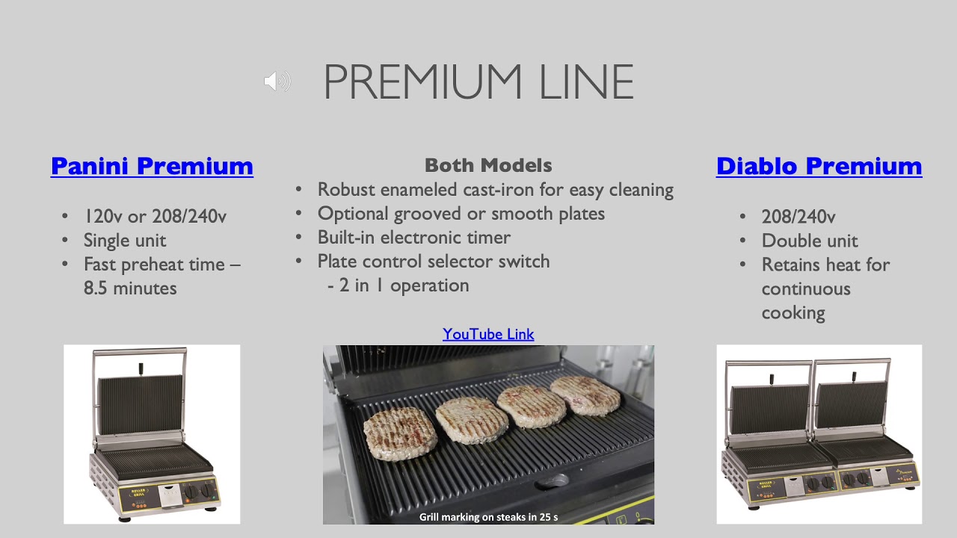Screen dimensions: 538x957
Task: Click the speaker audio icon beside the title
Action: [277, 81]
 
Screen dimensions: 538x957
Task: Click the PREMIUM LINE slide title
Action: [478, 81]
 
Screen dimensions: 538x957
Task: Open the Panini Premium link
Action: [152, 166]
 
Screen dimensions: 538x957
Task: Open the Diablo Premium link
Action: [819, 166]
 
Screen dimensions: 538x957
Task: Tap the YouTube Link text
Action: [488, 334]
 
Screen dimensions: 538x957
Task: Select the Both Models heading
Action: [488, 165]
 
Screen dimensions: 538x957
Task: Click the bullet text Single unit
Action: [125, 241]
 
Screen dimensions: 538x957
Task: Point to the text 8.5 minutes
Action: [130, 288]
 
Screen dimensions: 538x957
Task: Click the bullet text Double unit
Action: [810, 241]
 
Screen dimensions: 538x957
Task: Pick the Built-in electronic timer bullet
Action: [413, 238]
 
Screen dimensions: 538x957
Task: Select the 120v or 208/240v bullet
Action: [155, 217]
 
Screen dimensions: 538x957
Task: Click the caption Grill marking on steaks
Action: [488, 517]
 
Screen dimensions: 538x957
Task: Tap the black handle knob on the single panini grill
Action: [141, 369]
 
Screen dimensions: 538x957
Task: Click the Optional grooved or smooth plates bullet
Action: [461, 214]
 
